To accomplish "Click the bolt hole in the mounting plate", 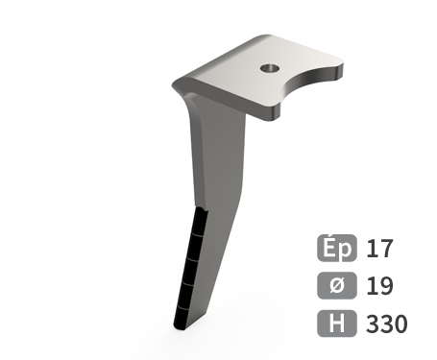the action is click(270, 68).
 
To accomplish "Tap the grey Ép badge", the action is click(337, 248).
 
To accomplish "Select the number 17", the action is click(379, 249).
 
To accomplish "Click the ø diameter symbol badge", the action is click(337, 285).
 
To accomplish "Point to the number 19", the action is click(379, 286).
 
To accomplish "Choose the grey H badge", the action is click(337, 324).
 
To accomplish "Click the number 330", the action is click(387, 324).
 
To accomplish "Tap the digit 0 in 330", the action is click(401, 324).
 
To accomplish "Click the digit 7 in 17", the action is click(386, 249).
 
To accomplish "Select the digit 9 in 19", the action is click(386, 286).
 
